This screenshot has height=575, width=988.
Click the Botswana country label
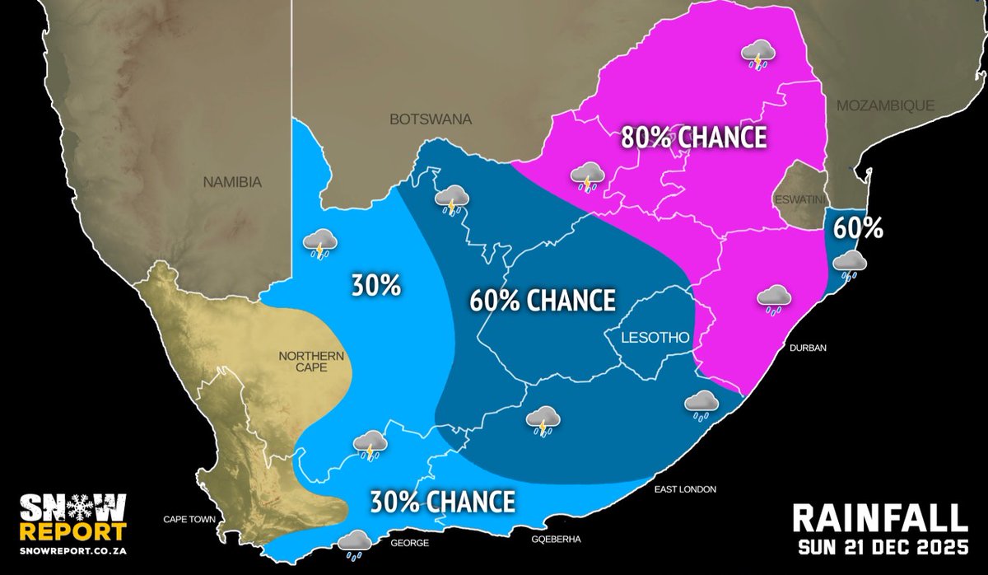[431, 119]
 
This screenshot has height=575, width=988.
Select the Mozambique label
[885, 105]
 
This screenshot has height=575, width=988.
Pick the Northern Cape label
[305, 363]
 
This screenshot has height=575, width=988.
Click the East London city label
[685, 489]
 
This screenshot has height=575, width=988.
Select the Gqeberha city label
[557, 540]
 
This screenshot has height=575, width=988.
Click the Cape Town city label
[188, 520]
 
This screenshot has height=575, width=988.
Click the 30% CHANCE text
[442, 501]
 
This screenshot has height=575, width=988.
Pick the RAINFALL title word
[878, 519]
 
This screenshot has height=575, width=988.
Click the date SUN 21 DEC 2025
[878, 548]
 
